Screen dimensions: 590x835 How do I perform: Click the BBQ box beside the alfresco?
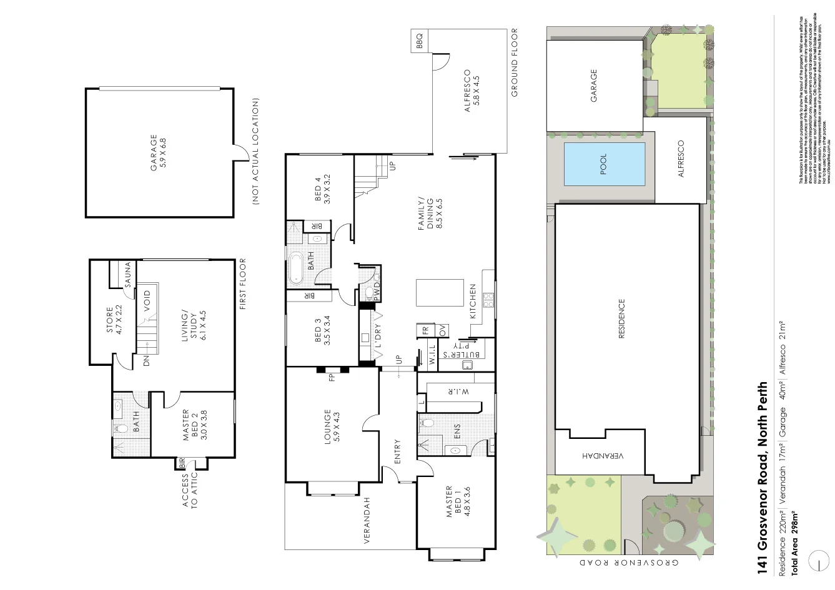pyautogui.click(x=420, y=41)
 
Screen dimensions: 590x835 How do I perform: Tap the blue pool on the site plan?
pyautogui.click(x=603, y=164)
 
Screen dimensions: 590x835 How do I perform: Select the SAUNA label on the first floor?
pyautogui.click(x=127, y=274)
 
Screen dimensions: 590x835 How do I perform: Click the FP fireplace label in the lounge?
pyautogui.click(x=332, y=376)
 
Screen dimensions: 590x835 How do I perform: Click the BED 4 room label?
pyautogui.click(x=321, y=190)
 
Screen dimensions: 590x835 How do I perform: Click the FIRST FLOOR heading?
pyautogui.click(x=243, y=283)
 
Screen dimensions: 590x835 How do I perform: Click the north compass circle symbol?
pyautogui.click(x=816, y=561)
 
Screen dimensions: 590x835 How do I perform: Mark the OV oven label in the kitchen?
pyautogui.click(x=442, y=330)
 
